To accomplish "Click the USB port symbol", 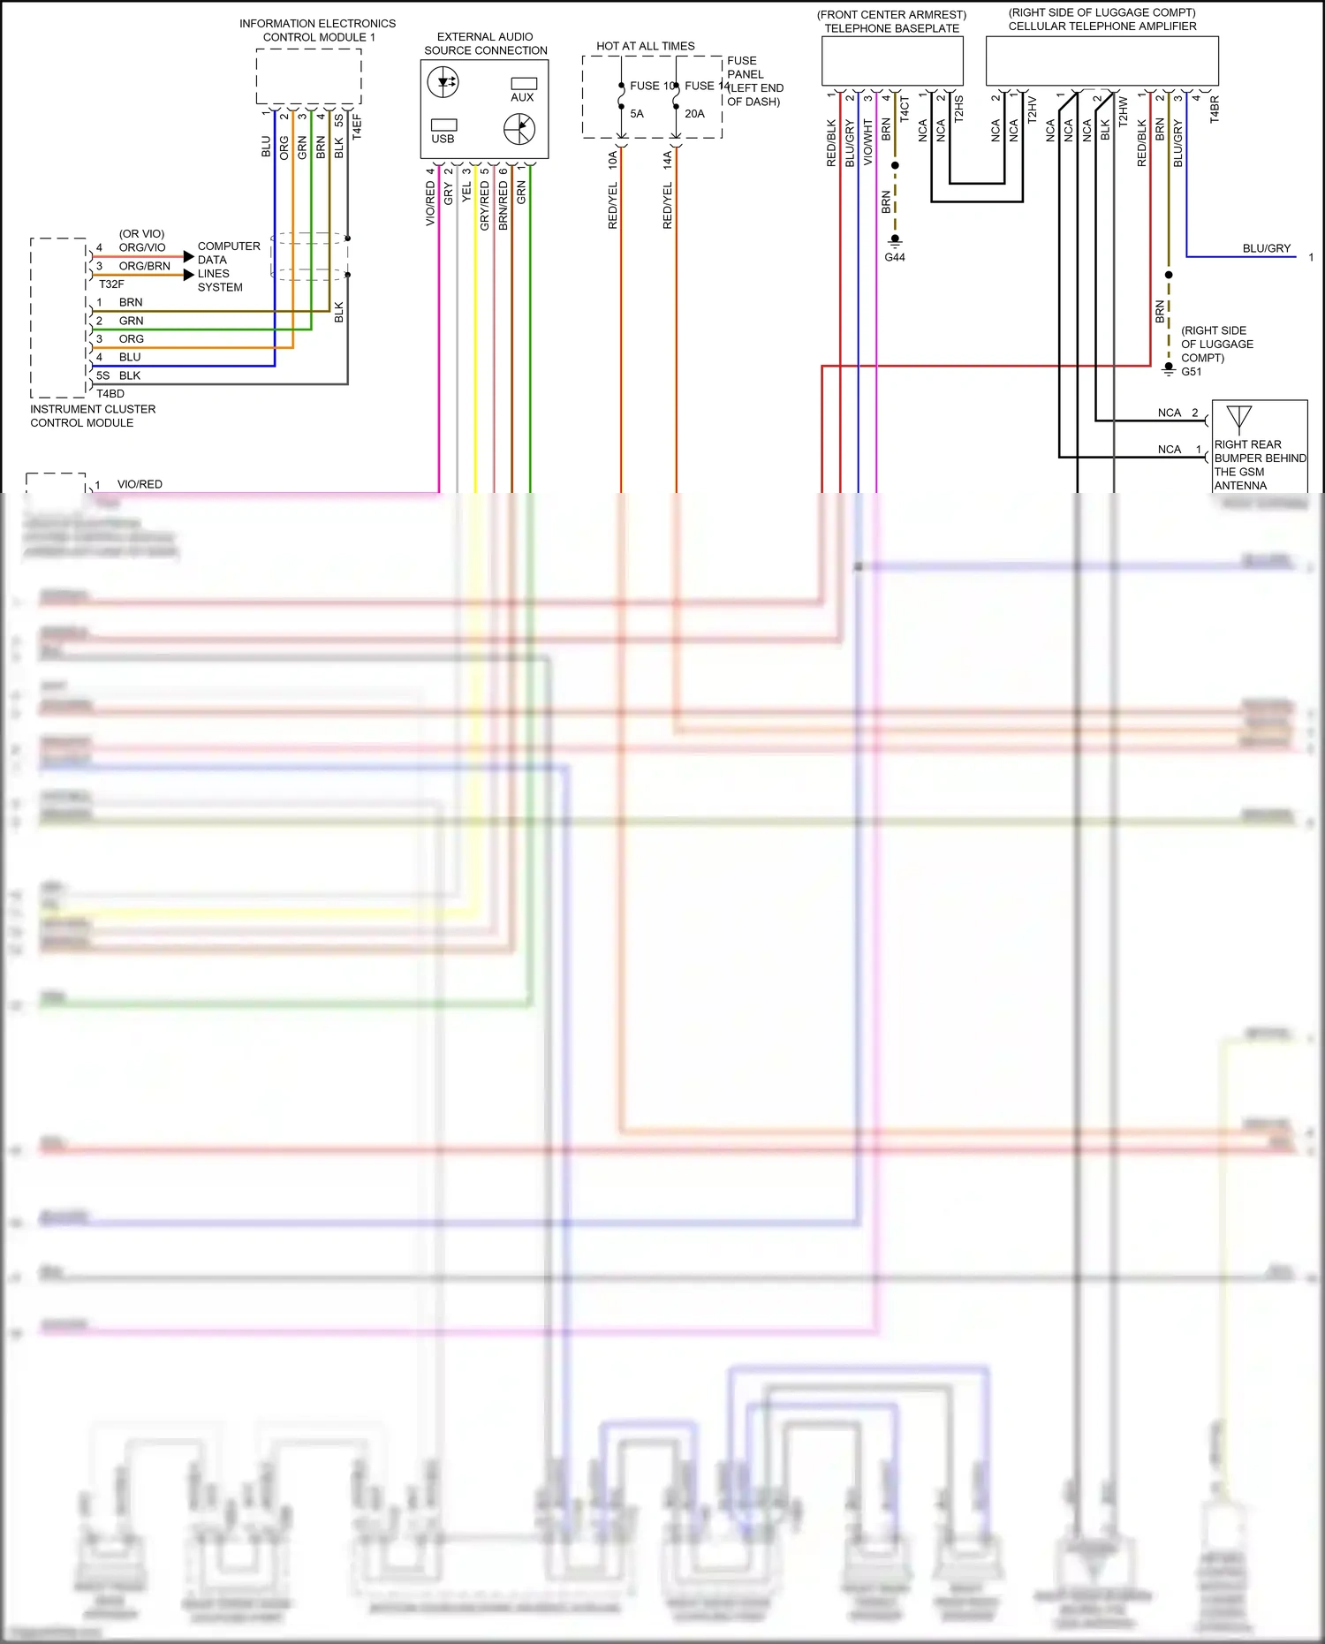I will (x=443, y=125).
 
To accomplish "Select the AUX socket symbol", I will (x=524, y=84).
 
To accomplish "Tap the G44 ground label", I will (x=894, y=257).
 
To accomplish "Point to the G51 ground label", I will (x=1191, y=372).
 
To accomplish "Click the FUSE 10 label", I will (x=652, y=86).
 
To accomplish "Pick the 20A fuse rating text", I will (x=694, y=114).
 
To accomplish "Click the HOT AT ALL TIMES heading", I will (x=645, y=46).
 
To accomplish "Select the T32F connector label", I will (x=111, y=284).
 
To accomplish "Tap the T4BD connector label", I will (x=110, y=394).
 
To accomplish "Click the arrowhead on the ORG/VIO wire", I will (x=188, y=256).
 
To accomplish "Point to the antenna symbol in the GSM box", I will (x=1238, y=418).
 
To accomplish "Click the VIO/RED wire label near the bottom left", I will (x=140, y=484).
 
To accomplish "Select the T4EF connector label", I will (x=357, y=126).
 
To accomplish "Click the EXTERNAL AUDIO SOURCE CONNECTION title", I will (x=485, y=43).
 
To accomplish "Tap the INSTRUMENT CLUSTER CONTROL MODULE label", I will (x=92, y=416).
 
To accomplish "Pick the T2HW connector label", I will (x=1123, y=112).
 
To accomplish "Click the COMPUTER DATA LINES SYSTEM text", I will (x=228, y=267).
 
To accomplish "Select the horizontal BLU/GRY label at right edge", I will (x=1266, y=248).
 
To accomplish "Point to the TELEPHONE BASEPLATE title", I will (x=891, y=28).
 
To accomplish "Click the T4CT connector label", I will (x=904, y=109).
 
